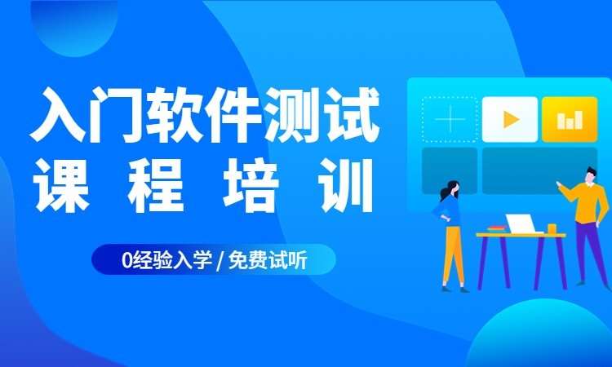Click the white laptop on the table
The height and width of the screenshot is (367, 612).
[x=521, y=223]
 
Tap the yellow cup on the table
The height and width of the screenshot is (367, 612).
[x=552, y=228]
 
